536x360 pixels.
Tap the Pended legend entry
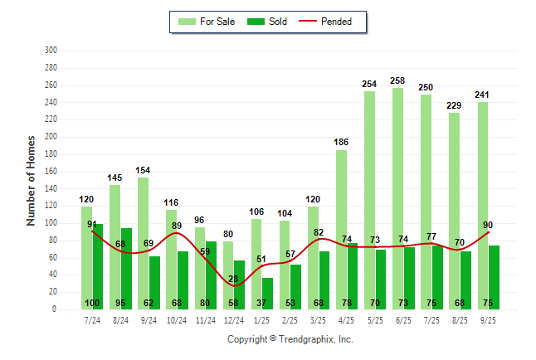tap(334, 22)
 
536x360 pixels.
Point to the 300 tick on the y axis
tap(51, 51)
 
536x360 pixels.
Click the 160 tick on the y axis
tap(51, 172)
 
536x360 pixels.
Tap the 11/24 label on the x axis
tap(205, 319)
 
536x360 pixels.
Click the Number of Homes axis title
tap(32, 180)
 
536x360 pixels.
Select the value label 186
tap(341, 143)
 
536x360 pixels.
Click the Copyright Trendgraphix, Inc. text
tap(290, 339)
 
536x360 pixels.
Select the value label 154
tap(143, 170)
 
